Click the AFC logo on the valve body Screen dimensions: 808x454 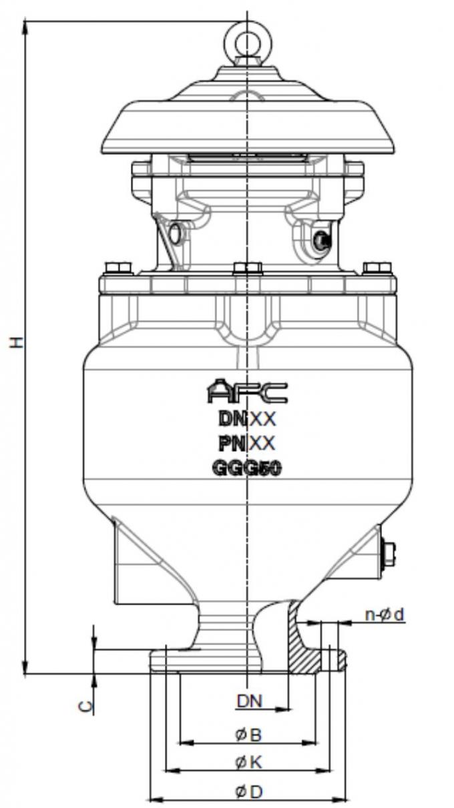(247, 392)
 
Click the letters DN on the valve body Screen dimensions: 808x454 (232, 419)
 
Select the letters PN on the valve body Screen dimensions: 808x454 (232, 443)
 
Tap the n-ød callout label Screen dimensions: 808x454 (384, 615)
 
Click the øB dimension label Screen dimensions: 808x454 (248, 735)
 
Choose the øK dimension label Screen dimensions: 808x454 (248, 763)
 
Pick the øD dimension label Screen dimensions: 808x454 (248, 792)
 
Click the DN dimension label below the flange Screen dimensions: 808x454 (250, 701)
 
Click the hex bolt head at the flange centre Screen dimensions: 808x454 (248, 269)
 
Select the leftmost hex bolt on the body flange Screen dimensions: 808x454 (118, 268)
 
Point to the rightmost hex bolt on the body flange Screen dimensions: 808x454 (377, 268)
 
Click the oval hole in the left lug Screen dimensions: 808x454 (175, 234)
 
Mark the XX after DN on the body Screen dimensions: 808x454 (262, 419)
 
